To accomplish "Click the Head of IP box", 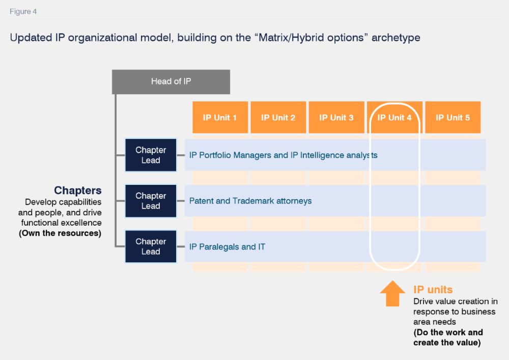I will coord(171,81).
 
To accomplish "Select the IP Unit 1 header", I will coord(220,118).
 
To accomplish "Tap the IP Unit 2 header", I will coord(278,118).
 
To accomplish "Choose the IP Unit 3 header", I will coord(336,118).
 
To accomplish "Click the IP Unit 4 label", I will coord(394,118).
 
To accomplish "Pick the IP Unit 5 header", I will coord(453,118).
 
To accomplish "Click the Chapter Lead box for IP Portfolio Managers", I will coord(151,155).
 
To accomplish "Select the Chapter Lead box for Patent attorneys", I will coord(151,201).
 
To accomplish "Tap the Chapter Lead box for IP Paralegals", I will coord(151,246).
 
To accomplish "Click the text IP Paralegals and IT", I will coord(227,247).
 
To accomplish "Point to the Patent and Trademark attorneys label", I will coord(250,201).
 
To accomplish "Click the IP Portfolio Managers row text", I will coord(283,155).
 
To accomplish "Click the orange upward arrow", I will coord(392,294).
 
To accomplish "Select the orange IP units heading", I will coord(433,290).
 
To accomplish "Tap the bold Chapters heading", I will coord(78,190).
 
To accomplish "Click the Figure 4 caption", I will coord(23,12).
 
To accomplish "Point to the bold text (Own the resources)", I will coord(60,234).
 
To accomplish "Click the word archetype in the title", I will coord(396,38).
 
